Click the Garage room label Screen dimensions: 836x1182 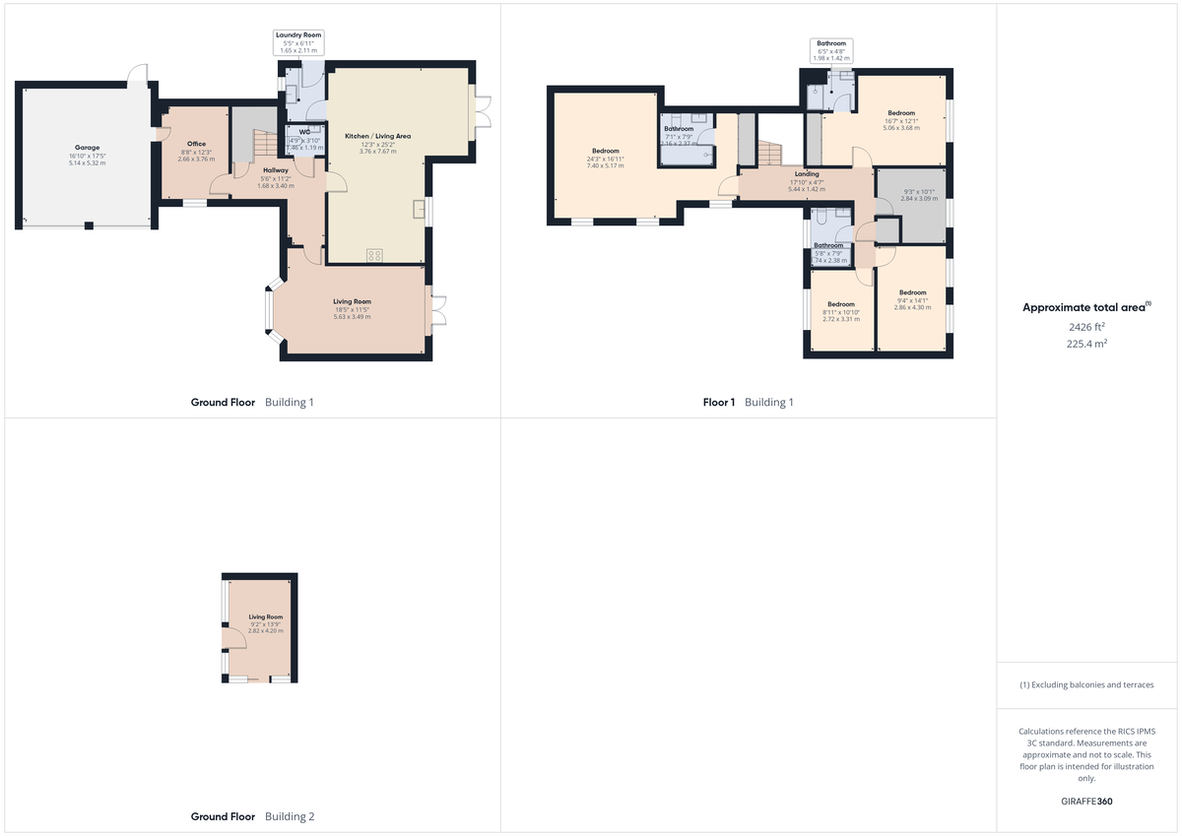[88, 147]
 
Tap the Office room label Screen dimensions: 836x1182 [196, 144]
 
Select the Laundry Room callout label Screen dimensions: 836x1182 [298, 35]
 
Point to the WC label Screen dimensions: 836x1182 [304, 131]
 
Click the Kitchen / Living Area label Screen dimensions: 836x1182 [377, 136]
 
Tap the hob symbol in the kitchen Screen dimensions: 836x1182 [374, 255]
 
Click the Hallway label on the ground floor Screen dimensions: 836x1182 [276, 170]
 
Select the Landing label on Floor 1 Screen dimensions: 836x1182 [806, 174]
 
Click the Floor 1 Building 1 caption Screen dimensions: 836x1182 [748, 402]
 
